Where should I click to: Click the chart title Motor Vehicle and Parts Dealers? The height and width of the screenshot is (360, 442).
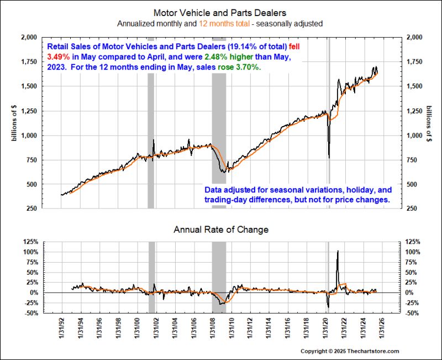(220, 12)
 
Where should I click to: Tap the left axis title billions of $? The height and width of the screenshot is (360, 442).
(15, 123)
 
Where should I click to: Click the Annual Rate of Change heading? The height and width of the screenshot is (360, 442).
(221, 229)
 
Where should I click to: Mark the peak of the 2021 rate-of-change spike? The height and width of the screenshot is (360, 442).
(338, 251)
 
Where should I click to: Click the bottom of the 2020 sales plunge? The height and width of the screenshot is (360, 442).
(329, 158)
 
